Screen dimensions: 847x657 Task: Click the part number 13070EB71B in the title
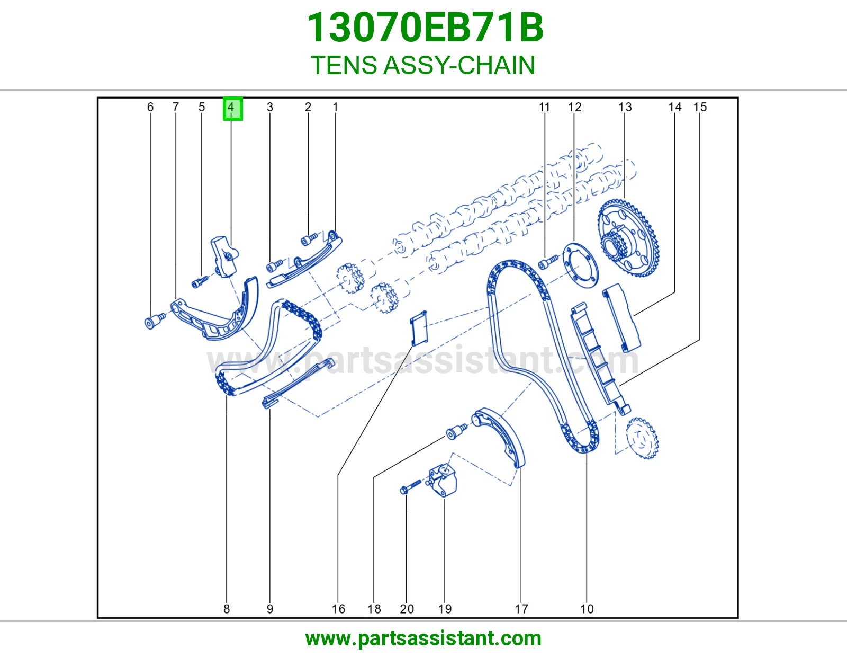coord(425,28)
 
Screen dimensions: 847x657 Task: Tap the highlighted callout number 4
coord(232,109)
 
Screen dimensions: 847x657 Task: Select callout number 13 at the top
coord(625,107)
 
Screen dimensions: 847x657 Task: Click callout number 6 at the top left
coord(150,107)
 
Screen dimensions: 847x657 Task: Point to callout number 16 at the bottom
coord(338,609)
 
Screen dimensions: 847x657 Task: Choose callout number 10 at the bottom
coord(587,609)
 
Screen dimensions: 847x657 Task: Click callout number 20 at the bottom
coord(407,609)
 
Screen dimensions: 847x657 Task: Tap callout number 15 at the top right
coord(700,107)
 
